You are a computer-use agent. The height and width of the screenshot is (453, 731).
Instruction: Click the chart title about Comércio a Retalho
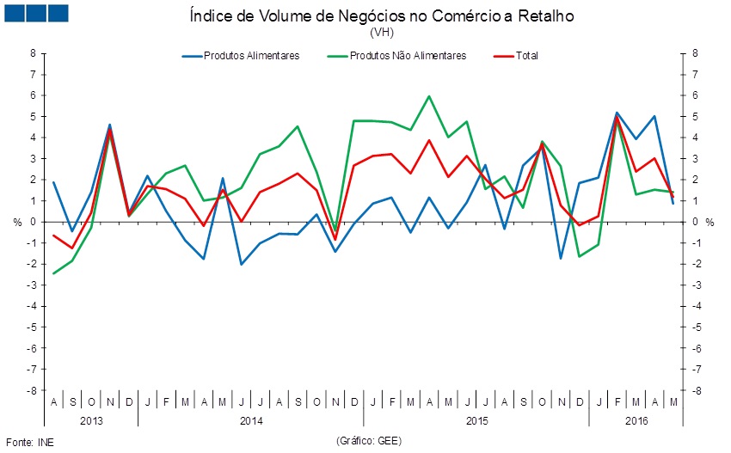(380, 16)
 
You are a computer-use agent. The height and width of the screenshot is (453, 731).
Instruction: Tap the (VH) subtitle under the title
(380, 33)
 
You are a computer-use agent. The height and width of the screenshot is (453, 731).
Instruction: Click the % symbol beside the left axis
(17, 222)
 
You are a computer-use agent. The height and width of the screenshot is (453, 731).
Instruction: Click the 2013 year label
(91, 421)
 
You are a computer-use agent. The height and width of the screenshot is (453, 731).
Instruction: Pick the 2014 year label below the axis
(251, 421)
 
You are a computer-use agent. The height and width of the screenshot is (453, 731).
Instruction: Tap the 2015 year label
(476, 421)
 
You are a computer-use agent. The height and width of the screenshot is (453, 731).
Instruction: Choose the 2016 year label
(636, 421)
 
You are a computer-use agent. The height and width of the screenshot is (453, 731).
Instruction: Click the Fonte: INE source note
(23, 441)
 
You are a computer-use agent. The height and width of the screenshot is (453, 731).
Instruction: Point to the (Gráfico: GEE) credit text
(369, 441)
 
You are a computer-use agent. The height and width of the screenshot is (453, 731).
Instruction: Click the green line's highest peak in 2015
(429, 96)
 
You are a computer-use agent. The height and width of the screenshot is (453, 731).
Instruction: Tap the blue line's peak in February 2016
(617, 113)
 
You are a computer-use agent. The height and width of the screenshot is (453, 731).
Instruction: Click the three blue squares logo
(38, 13)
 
